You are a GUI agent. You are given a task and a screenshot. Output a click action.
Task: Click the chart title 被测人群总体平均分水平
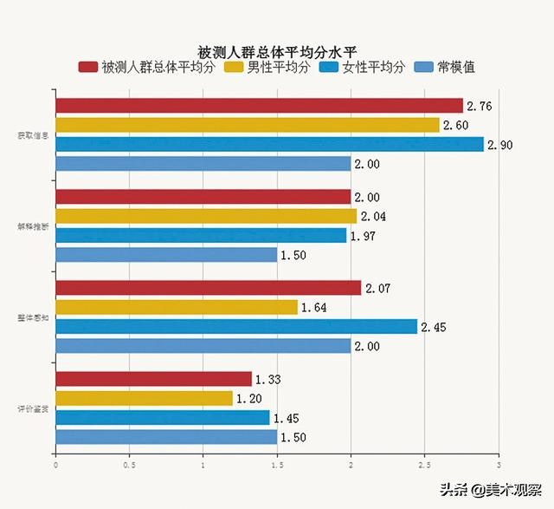point(276,51)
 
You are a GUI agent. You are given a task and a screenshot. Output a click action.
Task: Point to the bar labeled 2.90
point(269,144)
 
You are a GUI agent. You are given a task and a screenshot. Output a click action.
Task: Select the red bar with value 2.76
point(259,106)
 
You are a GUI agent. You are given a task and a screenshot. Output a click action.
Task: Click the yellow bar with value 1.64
point(177,307)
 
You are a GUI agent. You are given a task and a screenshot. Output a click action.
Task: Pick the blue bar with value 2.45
point(236,326)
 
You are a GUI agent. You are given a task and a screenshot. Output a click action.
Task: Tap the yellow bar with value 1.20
point(144,398)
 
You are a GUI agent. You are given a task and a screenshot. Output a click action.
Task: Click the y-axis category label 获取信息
point(33,134)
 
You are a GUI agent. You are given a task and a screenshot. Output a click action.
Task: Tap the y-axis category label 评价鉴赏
point(33,408)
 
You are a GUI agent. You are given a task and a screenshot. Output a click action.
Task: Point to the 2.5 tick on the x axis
point(424,465)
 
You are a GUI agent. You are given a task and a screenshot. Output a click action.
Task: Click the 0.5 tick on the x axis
point(129,465)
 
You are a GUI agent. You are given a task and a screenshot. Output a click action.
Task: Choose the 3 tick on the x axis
point(499,465)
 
